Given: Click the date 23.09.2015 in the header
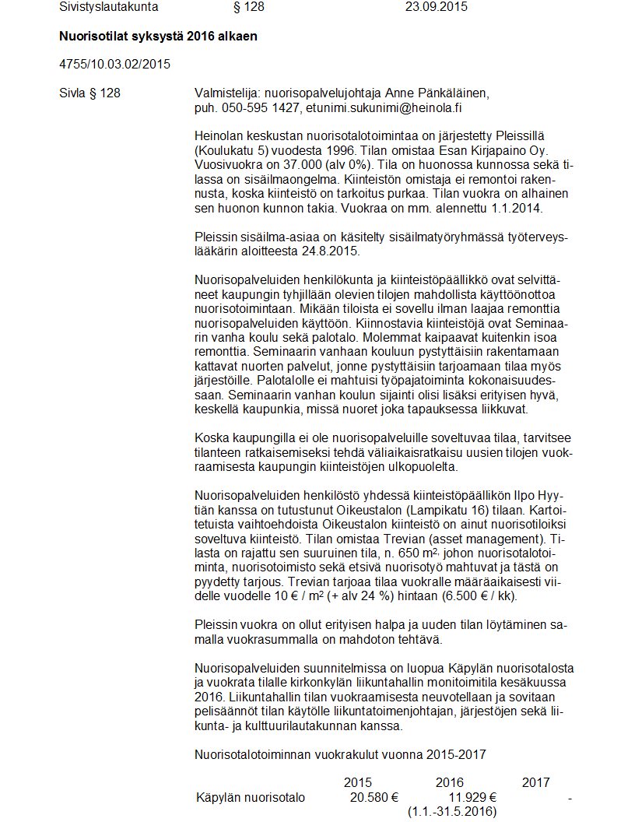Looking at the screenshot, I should tap(437, 7).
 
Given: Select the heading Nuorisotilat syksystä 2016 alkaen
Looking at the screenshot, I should tap(158, 37).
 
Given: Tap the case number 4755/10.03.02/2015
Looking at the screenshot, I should tap(114, 64).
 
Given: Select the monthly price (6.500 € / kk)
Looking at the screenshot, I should tap(472, 595).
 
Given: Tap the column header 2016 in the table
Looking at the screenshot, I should tap(450, 782).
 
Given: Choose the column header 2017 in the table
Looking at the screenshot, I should tap(535, 782).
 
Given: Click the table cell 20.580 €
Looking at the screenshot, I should tap(374, 797).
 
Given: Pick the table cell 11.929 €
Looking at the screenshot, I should tap(472, 797).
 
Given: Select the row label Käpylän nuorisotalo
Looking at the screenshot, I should tap(251, 797).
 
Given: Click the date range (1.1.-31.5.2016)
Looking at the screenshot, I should tap(452, 812).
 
